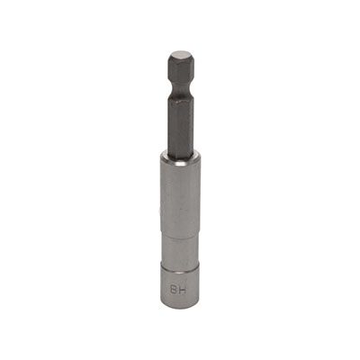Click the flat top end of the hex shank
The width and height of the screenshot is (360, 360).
click(180, 55)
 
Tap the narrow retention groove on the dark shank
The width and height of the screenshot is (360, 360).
click(180, 88)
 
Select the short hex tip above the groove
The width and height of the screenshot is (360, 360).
click(180, 70)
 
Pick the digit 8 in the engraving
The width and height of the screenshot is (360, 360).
click(175, 288)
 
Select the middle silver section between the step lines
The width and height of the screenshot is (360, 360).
click(180, 243)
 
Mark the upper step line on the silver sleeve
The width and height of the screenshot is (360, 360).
click(180, 223)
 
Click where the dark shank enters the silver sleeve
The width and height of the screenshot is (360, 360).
click(180, 155)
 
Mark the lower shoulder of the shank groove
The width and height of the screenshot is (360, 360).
click(180, 93)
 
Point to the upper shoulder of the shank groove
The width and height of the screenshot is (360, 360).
click(180, 84)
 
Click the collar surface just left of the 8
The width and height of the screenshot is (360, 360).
click(166, 288)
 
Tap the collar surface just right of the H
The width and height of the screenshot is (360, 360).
click(193, 288)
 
